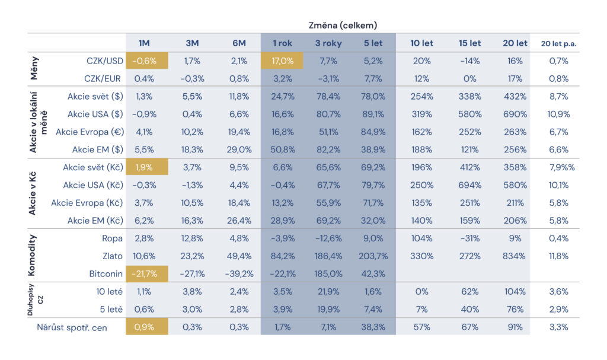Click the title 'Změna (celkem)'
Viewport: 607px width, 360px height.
tap(343, 25)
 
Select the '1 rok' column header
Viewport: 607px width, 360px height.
tap(282, 43)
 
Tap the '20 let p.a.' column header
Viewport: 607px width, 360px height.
tap(558, 43)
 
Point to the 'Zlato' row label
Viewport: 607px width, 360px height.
tap(111, 256)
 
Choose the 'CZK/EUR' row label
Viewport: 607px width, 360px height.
tap(103, 78)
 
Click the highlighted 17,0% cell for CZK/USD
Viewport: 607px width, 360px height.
tap(282, 60)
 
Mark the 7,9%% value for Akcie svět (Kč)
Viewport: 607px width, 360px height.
tap(558, 167)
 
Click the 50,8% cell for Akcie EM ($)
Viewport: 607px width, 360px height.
tap(282, 149)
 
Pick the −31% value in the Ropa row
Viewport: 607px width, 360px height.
tap(469, 238)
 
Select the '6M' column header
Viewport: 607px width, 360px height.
tap(239, 43)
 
